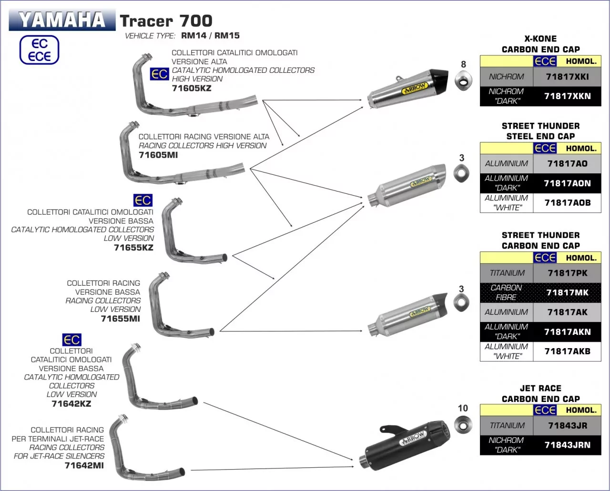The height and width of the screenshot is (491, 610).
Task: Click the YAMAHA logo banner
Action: pos(62,20)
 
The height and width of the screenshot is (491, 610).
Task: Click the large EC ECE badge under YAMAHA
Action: pos(39,50)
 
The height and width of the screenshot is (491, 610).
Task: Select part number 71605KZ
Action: pos(191,88)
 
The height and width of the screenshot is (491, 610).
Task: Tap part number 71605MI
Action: pos(158,155)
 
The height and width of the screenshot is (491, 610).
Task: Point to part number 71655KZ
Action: pos(133,248)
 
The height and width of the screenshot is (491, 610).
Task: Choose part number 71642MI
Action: pos(84,465)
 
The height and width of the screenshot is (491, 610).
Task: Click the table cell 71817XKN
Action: pos(567,96)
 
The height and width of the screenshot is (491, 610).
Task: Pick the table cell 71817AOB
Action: pos(567,203)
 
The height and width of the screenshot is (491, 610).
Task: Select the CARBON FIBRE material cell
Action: pos(506,292)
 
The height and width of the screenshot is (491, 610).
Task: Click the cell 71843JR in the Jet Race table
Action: pos(567,426)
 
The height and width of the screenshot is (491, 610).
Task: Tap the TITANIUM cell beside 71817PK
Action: pos(507,273)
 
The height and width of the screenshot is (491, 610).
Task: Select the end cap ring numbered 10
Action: pos(463,425)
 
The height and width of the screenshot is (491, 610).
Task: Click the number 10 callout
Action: pos(463,408)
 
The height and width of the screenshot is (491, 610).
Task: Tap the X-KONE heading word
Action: pos(540,39)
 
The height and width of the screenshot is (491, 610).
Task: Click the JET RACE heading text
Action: pos(540,389)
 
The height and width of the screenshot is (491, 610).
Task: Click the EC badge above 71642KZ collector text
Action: pos(71,340)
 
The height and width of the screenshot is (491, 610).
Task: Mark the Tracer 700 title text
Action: pos(166,21)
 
